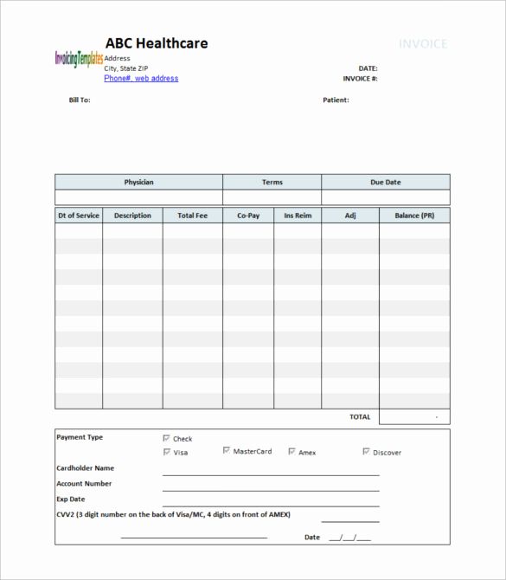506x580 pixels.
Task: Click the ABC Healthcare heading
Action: (156, 44)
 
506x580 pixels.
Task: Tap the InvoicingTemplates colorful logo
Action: (79, 59)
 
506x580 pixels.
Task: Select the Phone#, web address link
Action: (141, 79)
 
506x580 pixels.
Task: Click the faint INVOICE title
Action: (423, 44)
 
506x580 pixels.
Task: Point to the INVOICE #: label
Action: (360, 79)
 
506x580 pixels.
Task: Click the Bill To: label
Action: (80, 100)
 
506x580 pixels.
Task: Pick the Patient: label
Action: (336, 100)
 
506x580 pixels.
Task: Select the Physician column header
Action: (138, 183)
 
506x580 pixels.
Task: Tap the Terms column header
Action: (272, 183)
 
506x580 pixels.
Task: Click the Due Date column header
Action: (386, 183)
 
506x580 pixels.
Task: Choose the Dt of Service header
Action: (79, 216)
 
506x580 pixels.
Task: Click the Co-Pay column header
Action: (248, 216)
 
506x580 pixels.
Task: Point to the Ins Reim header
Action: (298, 216)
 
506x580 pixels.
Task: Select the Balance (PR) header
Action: (414, 216)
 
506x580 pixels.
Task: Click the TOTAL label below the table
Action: (360, 417)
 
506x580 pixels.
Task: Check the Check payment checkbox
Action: (167, 439)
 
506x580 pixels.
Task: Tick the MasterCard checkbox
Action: (227, 451)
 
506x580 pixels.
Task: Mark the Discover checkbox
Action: (367, 452)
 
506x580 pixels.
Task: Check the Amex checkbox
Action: (292, 452)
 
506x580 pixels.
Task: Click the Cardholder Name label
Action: (85, 468)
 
